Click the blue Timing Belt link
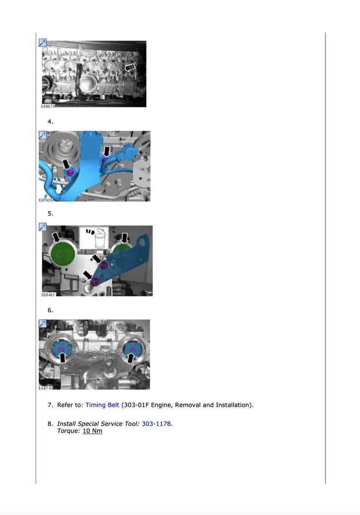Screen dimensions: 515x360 [x=102, y=405]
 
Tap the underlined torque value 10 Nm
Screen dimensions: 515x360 [x=92, y=431]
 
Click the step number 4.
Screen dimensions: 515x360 [x=50, y=121]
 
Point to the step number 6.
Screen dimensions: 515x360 [x=50, y=310]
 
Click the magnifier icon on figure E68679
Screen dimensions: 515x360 [x=43, y=43]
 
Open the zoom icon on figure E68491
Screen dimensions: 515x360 [x=43, y=227]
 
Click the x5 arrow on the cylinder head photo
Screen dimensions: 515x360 [x=130, y=67]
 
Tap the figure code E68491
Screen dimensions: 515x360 [x=47, y=295]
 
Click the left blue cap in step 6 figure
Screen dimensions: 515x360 [x=62, y=350]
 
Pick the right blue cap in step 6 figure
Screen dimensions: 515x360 [x=132, y=350]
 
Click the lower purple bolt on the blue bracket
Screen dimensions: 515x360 [x=95, y=282]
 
